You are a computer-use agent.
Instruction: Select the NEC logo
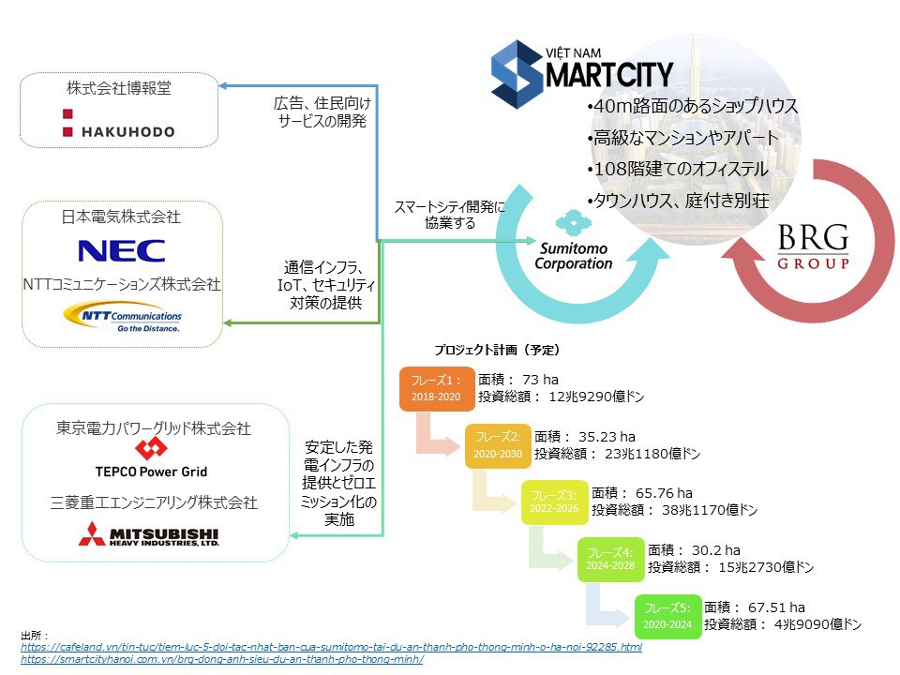122,250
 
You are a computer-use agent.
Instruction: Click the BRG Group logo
813,247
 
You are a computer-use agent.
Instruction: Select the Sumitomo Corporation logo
573,244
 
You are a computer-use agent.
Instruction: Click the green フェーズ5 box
667,616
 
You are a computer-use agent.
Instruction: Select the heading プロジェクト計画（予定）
497,350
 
